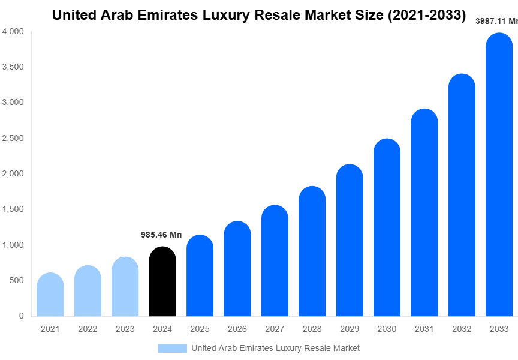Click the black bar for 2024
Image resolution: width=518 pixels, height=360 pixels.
tap(162, 282)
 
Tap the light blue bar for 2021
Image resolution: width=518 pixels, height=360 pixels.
tap(50, 295)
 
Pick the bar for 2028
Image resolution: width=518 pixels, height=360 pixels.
tap(312, 252)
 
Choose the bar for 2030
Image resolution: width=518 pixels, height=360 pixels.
tap(387, 228)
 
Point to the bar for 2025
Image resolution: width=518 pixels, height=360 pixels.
tap(200, 276)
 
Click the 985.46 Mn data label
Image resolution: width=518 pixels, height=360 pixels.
tap(161, 235)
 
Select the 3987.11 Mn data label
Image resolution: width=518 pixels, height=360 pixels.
tap(496, 21)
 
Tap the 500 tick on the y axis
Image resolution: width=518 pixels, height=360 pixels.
tap(16, 280)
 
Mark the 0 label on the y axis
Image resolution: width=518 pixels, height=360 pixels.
tap(21, 316)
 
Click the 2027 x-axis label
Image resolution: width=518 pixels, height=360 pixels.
tap(275, 329)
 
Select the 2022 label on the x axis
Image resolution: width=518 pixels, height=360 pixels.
tap(88, 329)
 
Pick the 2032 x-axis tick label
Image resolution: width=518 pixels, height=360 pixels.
tap(462, 329)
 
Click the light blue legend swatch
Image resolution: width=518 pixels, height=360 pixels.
tap(173, 348)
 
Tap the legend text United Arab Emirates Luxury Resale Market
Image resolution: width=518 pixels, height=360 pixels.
tap(275, 348)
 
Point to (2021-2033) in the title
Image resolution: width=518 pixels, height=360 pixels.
tap(427, 16)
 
